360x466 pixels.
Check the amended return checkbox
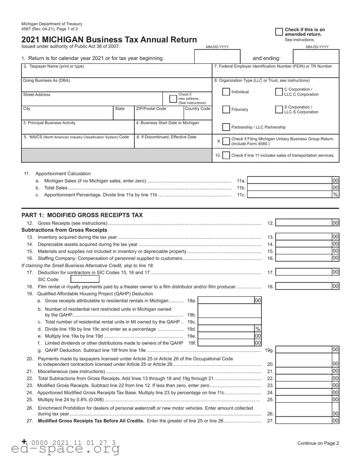(279, 32)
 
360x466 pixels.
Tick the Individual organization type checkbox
(226, 92)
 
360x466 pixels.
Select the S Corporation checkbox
(279, 109)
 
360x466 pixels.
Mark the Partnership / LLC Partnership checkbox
(226, 127)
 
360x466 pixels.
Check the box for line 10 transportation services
(226, 155)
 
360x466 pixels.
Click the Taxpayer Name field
(116, 73)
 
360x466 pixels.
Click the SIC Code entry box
(85, 279)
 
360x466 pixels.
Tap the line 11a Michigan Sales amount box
(290, 181)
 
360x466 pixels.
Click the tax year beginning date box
(217, 57)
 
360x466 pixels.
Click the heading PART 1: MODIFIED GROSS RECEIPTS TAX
(82, 215)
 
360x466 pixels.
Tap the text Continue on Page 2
(318, 443)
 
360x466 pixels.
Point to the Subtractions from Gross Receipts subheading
(64, 230)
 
